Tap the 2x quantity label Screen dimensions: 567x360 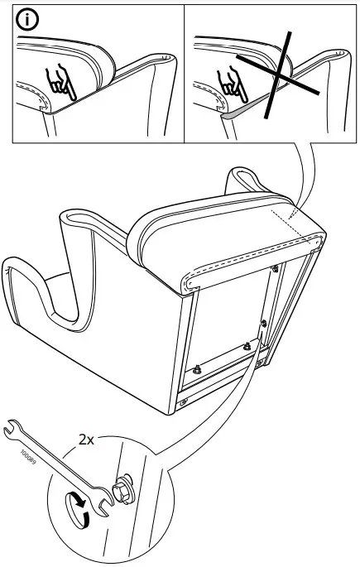[88, 440]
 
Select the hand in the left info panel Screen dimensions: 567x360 [60, 83]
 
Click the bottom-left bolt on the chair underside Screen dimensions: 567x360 [198, 370]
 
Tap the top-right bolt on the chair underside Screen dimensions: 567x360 [274, 267]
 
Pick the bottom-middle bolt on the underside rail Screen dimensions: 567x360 [246, 346]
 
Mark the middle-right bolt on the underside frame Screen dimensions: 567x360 [264, 321]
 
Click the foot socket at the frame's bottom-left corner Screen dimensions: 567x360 [183, 402]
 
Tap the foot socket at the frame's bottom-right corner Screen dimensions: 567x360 [262, 363]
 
